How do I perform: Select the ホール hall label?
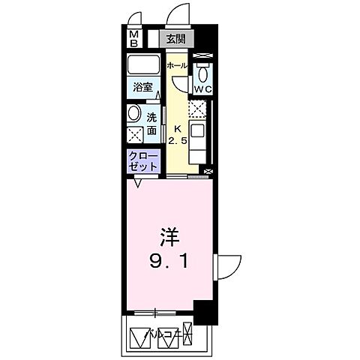(177, 66)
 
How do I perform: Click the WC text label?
(202, 90)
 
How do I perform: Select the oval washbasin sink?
(134, 113)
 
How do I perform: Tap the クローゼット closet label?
(142, 162)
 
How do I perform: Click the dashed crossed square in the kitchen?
(197, 111)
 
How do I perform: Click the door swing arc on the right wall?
(228, 267)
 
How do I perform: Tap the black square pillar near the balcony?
(204, 312)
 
